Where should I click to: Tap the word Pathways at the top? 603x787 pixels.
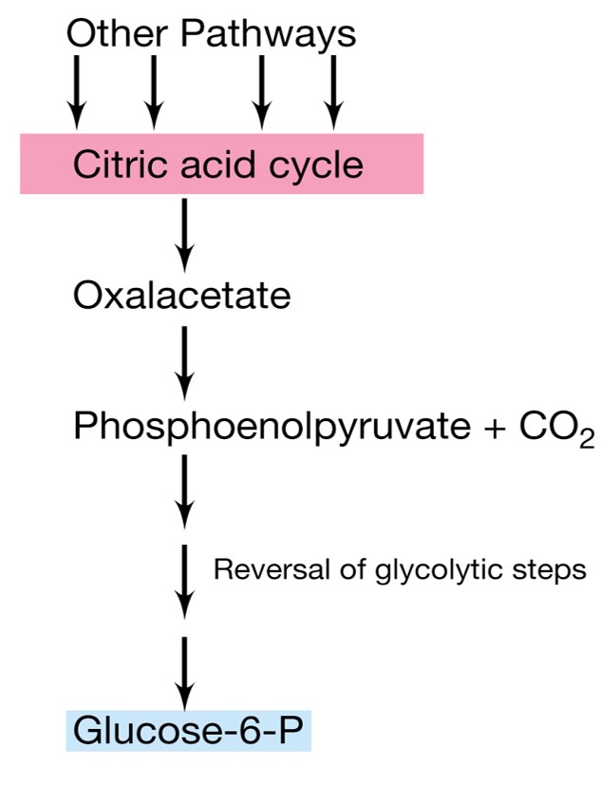pos(269,35)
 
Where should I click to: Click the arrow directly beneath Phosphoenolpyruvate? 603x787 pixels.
pos(185,489)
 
